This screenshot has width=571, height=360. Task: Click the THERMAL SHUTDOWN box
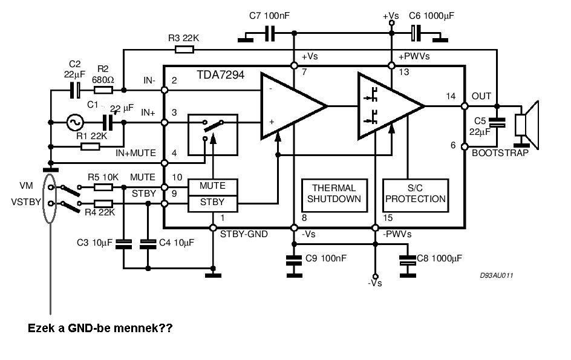pyautogui.click(x=334, y=195)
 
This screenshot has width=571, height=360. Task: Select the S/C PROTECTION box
pyautogui.click(x=416, y=195)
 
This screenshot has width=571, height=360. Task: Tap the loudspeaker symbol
pyautogui.click(x=527, y=125)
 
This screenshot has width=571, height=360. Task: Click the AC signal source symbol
pyautogui.click(x=75, y=122)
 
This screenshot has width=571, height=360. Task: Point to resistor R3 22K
pyautogui.click(x=184, y=49)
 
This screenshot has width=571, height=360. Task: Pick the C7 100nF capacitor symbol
pyautogui.click(x=270, y=33)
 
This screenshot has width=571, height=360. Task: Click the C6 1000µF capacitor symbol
pyautogui.click(x=416, y=33)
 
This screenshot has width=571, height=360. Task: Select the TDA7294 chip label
pyautogui.click(x=220, y=74)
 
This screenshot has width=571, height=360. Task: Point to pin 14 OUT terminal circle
pyautogui.click(x=465, y=106)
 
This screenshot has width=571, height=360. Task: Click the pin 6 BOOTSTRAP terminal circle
pyautogui.click(x=465, y=146)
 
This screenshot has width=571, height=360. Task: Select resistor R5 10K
pyautogui.click(x=103, y=188)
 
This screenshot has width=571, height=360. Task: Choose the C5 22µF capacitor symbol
pyautogui.click(x=497, y=122)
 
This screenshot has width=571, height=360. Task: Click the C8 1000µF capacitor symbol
pyautogui.click(x=408, y=260)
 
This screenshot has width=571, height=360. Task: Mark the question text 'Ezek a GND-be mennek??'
pyautogui.click(x=100, y=328)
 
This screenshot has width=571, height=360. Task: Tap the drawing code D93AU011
pyautogui.click(x=497, y=275)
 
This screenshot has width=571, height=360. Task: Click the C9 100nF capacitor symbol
pyautogui.click(x=294, y=260)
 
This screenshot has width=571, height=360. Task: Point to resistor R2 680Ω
pyautogui.click(x=103, y=90)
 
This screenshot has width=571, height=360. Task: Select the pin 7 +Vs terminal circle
pyautogui.click(x=294, y=66)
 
